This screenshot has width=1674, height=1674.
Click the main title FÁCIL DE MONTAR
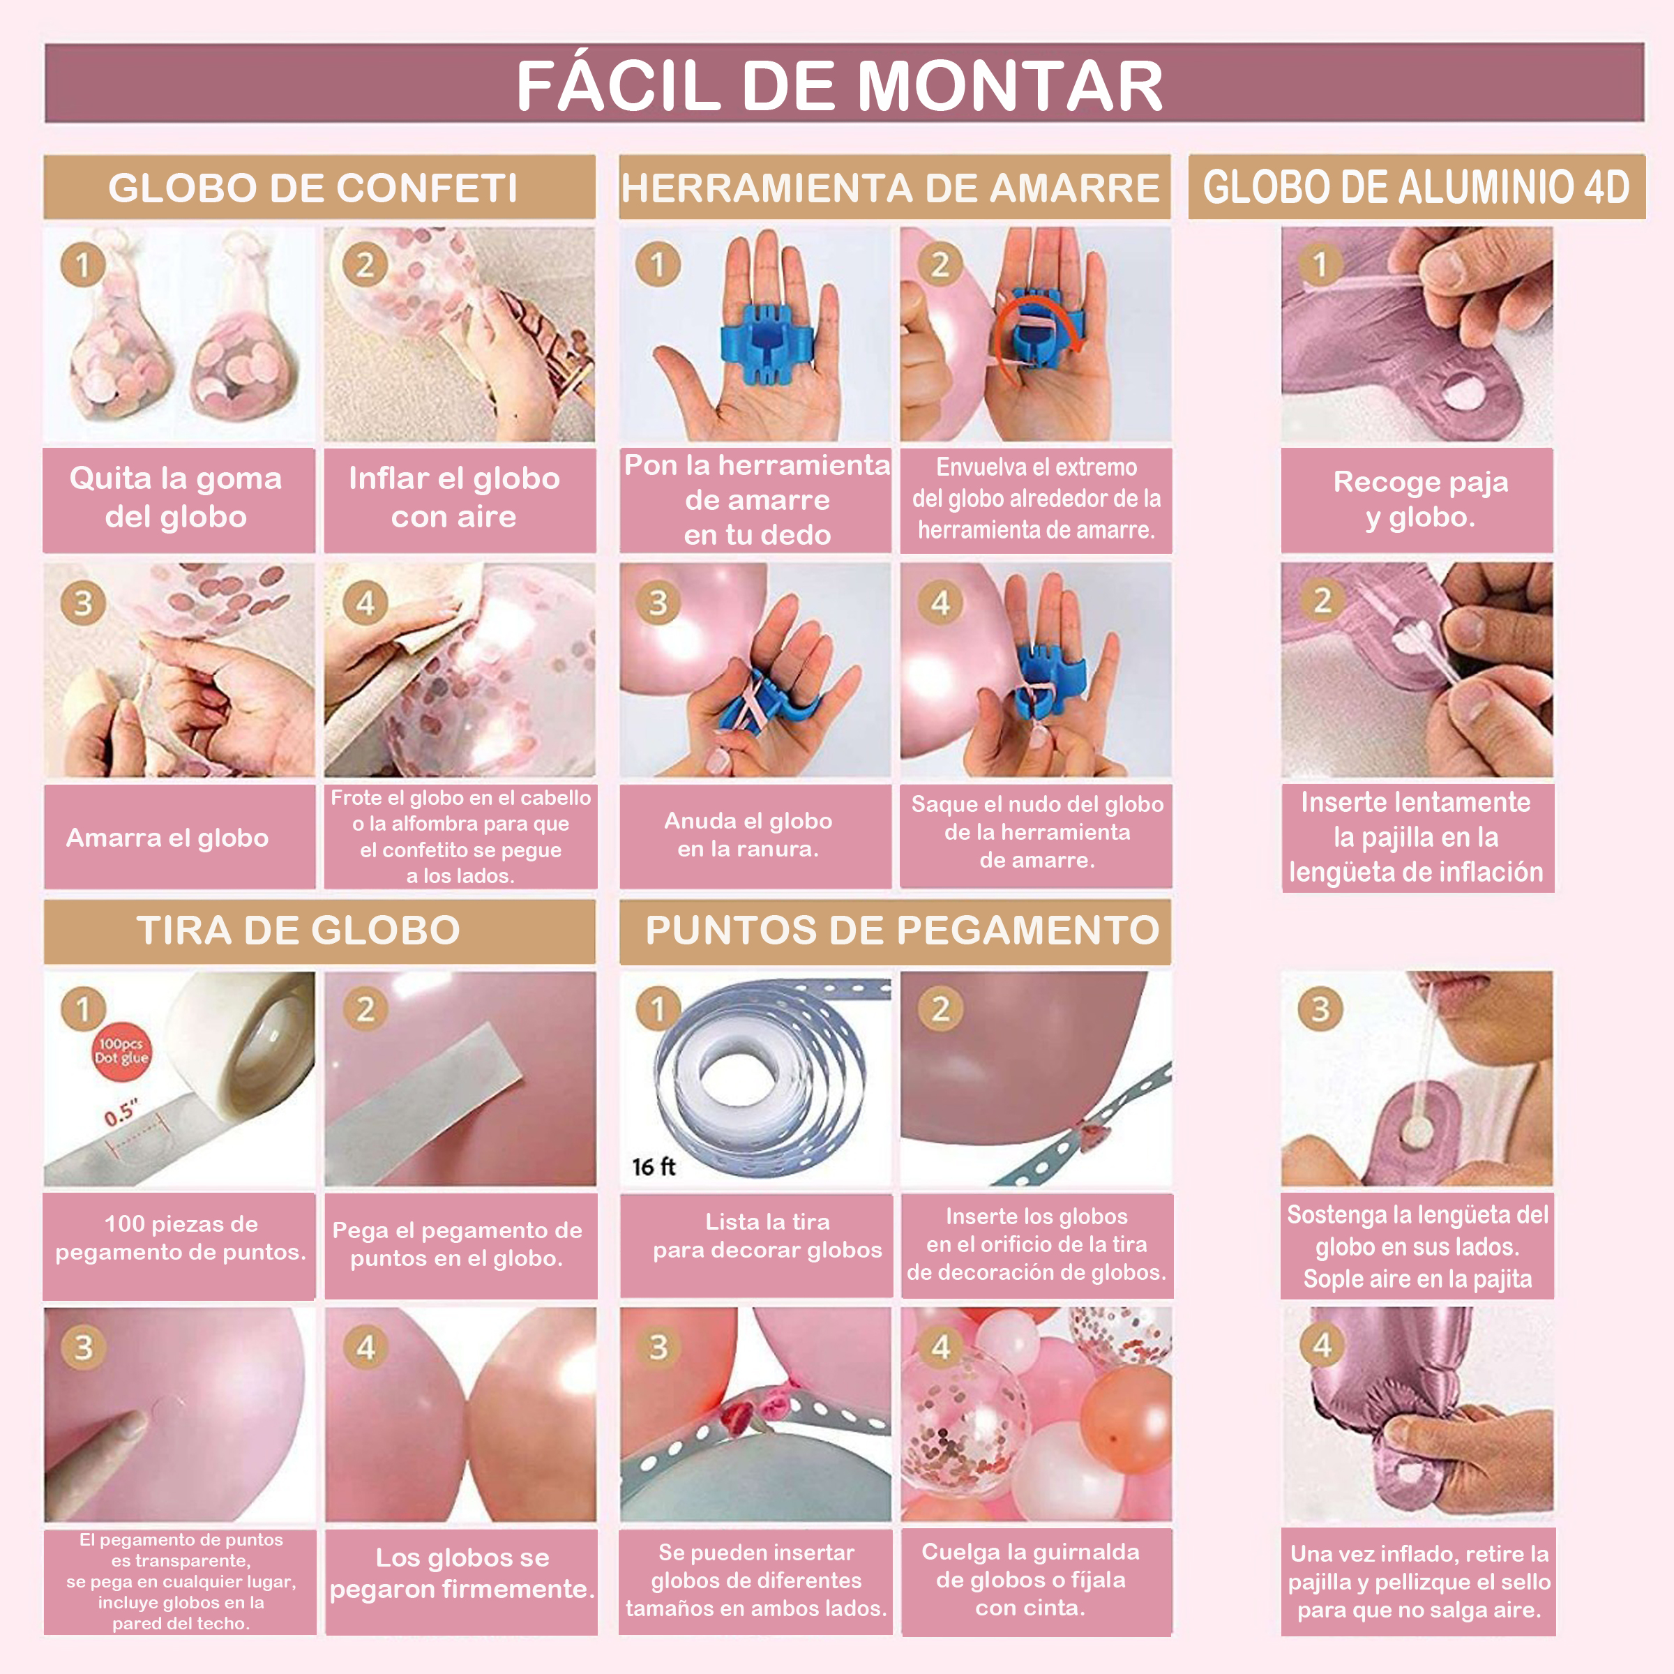pyautogui.click(x=838, y=86)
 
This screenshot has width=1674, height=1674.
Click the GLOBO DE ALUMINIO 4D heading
pyautogui.click(x=1416, y=187)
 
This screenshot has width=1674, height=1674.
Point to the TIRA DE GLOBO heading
pyautogui.click(x=298, y=930)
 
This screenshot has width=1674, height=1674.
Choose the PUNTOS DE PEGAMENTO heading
pyautogui.click(x=902, y=930)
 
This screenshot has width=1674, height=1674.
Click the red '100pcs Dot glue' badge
pyautogui.click(x=121, y=1051)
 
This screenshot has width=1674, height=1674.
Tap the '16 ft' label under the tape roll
pyautogui.click(x=654, y=1166)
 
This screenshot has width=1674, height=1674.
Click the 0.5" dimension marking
pyautogui.click(x=121, y=1113)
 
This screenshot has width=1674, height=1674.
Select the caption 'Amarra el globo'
pyautogui.click(x=167, y=838)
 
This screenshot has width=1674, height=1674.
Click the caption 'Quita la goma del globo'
pyautogui.click(x=176, y=497)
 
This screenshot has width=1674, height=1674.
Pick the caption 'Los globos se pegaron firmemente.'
pyautogui.click(x=462, y=1573)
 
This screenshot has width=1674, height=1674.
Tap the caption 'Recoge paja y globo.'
pyautogui.click(x=1420, y=499)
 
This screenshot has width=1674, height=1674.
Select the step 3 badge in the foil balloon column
pyautogui.click(x=1320, y=1009)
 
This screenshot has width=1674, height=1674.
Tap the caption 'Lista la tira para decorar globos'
pyautogui.click(x=768, y=1235)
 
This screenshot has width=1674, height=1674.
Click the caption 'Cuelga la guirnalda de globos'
pyautogui.click(x=1030, y=1566)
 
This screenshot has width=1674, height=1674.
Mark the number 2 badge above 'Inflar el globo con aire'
pyautogui.click(x=365, y=264)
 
